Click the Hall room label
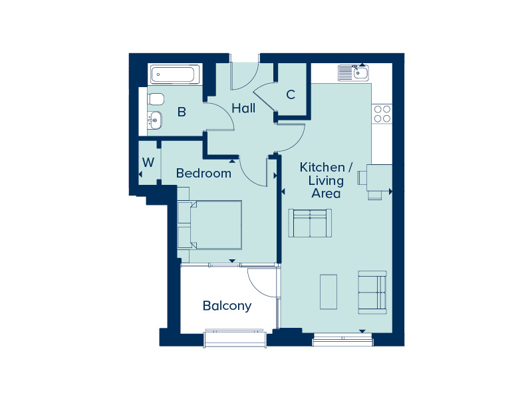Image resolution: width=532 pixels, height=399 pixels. [243, 108]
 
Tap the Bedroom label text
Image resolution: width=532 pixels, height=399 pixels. [203, 174]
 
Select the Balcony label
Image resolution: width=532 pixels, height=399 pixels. [227, 306]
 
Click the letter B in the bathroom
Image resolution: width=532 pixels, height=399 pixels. [182, 112]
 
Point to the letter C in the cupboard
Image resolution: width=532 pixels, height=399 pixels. [291, 94]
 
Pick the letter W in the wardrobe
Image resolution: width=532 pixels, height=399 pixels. [148, 162]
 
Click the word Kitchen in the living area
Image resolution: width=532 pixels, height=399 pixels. [323, 168]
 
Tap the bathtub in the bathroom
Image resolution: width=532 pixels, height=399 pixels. [176, 74]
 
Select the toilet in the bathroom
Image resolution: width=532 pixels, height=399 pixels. [156, 99]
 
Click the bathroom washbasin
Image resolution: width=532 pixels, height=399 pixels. [155, 120]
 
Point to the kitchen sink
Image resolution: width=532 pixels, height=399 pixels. [353, 73]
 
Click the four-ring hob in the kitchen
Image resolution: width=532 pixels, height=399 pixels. [382, 114]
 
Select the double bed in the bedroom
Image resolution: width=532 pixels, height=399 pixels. [209, 225]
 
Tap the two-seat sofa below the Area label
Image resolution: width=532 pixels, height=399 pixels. [310, 223]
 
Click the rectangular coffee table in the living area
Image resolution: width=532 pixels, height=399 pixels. [329, 292]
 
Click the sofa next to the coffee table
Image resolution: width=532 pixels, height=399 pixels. [372, 292]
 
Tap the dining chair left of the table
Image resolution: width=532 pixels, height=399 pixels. [362, 178]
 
